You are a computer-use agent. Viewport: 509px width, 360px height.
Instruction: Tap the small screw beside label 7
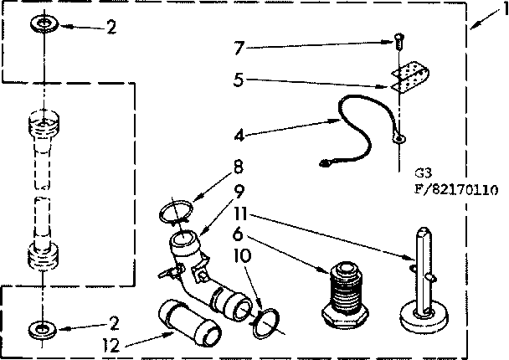pyautogui.click(x=399, y=38)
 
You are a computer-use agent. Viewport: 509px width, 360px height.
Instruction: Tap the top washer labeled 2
pyautogui.click(x=39, y=24)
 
